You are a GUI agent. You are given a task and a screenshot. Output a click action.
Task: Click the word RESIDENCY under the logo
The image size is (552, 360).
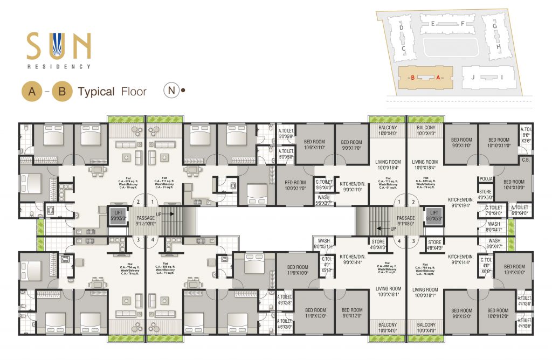pos(59,67)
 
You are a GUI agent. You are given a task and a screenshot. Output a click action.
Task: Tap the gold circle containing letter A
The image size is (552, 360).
pos(32,92)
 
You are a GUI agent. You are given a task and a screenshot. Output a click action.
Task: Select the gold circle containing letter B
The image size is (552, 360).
pos(62,92)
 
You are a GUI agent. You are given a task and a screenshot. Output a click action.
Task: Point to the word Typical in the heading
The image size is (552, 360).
pos(96,92)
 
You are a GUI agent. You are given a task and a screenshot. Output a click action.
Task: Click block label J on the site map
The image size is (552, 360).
pos(472,77)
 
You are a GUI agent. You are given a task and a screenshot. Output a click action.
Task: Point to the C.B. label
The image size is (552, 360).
pos(526,160)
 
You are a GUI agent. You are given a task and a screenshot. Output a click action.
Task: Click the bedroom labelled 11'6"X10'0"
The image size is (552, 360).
pos(298,270)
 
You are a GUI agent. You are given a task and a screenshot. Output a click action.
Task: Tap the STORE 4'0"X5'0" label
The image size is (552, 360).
pos(485,194)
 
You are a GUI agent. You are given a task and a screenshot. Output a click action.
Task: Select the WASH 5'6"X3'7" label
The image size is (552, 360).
pos(323,200)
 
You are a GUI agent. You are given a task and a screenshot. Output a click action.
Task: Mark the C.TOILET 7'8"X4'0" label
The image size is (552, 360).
pos(493,210)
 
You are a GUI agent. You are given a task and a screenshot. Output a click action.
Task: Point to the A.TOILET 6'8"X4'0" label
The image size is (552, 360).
pos(520,210)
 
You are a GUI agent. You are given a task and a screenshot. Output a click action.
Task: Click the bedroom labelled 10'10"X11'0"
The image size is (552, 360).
pos(499,143)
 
